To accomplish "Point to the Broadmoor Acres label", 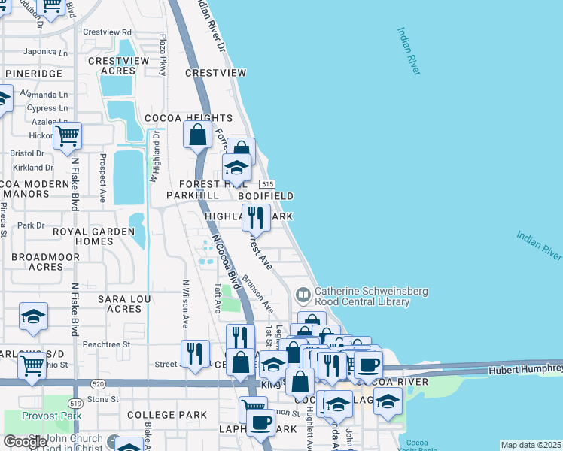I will pyautogui.click(x=36, y=262).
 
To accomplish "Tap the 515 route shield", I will pyautogui.click(x=266, y=184).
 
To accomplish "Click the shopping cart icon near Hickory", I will pyautogui.click(x=68, y=136).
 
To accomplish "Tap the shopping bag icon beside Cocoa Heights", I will pyautogui.click(x=197, y=135).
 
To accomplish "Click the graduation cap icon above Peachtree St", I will pyautogui.click(x=33, y=317).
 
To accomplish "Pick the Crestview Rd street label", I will pyautogui.click(x=107, y=32).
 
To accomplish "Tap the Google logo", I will pyautogui.click(x=25, y=442).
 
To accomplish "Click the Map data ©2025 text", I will pyautogui.click(x=531, y=445).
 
